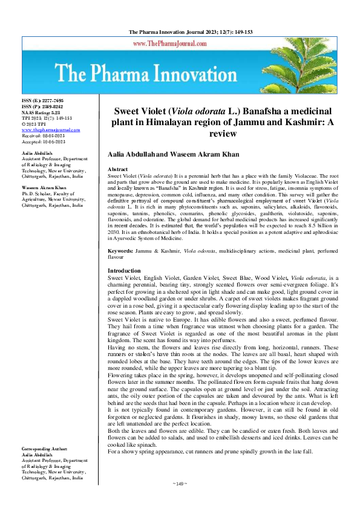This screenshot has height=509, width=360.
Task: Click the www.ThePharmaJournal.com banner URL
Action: pyautogui.click(x=171, y=44)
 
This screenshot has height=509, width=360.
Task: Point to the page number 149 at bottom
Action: pyautogui.click(x=180, y=501)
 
